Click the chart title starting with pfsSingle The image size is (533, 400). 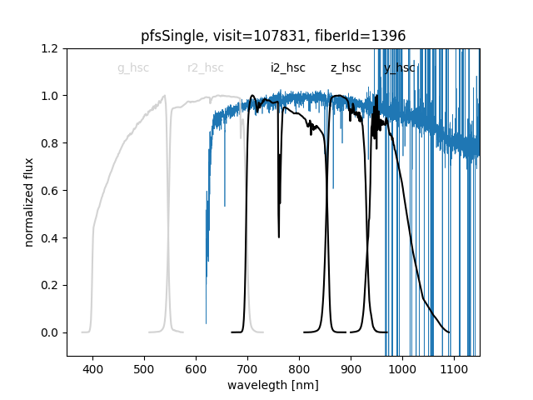click(273, 36)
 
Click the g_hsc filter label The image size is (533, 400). click(133, 68)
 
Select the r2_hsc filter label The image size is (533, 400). click(205, 68)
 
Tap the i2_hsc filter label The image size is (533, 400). click(287, 68)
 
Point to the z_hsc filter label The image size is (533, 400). click(346, 68)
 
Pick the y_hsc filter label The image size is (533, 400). click(399, 68)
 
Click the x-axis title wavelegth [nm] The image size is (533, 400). click(273, 387)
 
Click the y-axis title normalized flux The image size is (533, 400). click(29, 202)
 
